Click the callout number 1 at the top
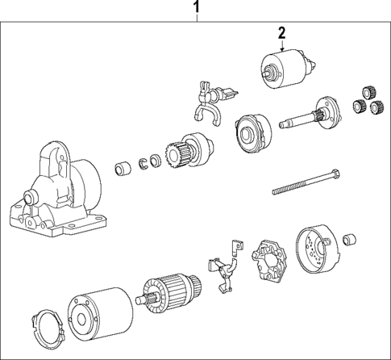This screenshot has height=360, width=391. (195, 9)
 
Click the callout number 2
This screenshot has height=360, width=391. (282, 33)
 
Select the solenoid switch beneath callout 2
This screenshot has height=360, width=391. (283, 68)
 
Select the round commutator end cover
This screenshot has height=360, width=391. (315, 249)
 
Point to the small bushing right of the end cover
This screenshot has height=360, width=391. (350, 240)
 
